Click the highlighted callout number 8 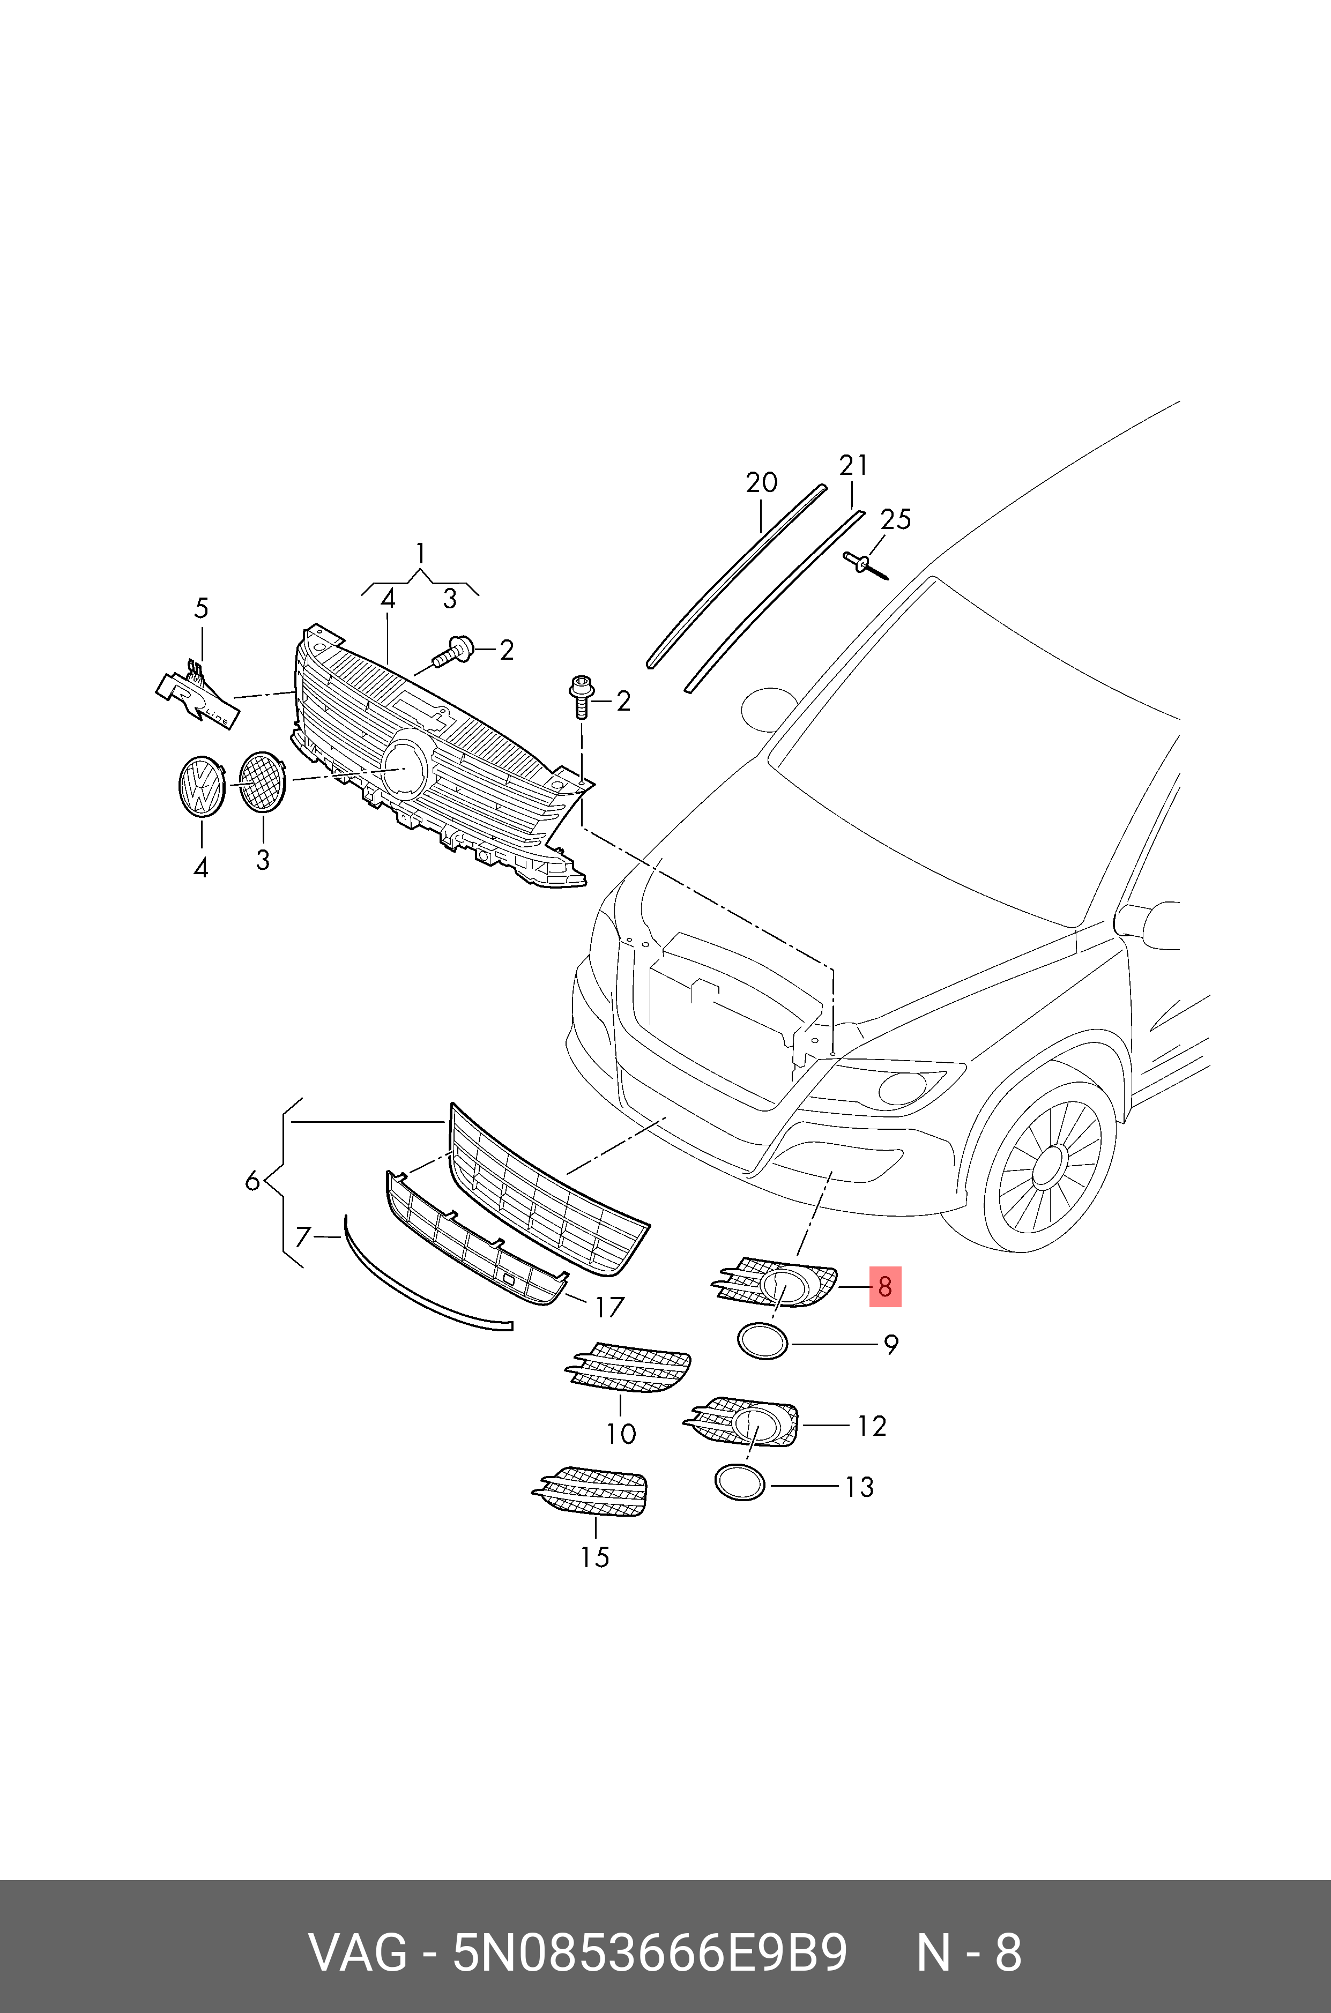884,1287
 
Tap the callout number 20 761,483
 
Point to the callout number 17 608,1308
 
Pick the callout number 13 859,1487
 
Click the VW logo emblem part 201,787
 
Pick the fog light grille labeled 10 629,1369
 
